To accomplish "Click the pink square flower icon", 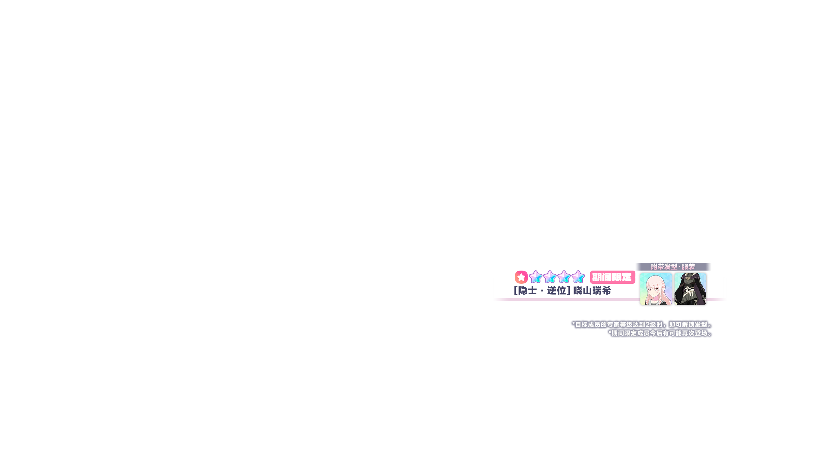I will click(521, 277).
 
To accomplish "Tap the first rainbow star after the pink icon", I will click(536, 277).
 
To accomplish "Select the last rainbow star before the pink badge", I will click(578, 277).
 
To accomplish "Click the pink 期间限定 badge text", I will click(612, 277).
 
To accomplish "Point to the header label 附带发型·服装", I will click(673, 267).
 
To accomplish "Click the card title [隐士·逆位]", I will click(542, 291).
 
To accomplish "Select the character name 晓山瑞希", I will click(592, 291).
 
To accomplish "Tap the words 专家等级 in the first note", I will click(620, 325).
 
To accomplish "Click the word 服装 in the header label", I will click(688, 267).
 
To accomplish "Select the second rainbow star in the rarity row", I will click(550, 277).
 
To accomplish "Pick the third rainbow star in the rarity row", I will click(564, 277).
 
